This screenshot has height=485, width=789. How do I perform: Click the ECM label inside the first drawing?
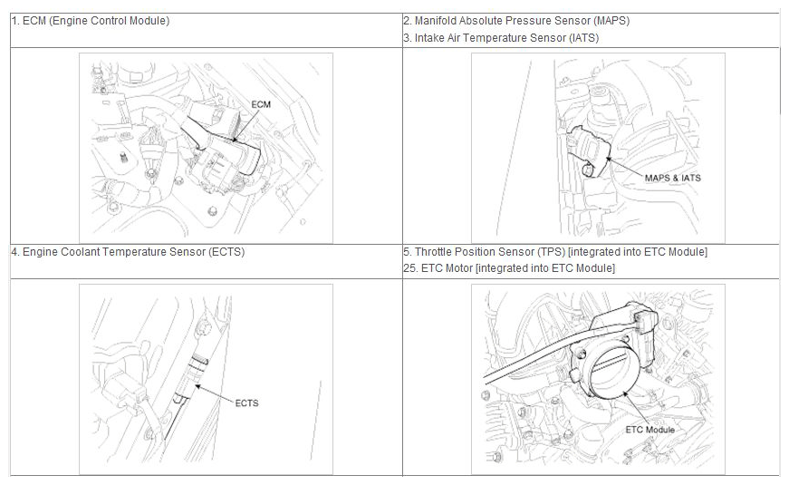tap(261, 104)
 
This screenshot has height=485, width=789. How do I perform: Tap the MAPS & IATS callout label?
tap(673, 178)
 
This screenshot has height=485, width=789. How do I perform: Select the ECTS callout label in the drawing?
tap(246, 403)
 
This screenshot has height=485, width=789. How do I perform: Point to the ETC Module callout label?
tap(650, 430)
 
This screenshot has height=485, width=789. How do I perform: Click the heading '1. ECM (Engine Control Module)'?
tap(91, 21)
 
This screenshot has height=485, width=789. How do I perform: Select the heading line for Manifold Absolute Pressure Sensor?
tap(516, 21)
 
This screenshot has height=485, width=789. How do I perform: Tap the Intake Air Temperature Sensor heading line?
tap(501, 38)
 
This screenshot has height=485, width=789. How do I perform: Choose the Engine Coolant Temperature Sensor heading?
tap(129, 251)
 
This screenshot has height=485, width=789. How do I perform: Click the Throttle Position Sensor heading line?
tap(555, 251)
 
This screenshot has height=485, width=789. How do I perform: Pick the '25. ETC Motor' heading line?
tap(509, 268)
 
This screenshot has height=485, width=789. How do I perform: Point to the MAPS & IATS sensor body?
tap(588, 152)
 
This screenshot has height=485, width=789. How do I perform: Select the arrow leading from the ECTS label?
tap(215, 393)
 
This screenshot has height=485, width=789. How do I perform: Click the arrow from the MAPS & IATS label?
tap(625, 166)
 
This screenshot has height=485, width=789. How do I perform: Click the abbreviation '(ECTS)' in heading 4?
tap(226, 251)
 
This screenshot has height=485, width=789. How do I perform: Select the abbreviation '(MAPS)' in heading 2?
tap(611, 21)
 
